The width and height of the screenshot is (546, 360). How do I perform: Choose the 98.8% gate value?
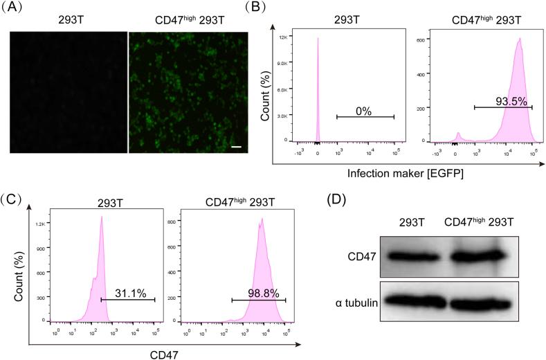[264, 294]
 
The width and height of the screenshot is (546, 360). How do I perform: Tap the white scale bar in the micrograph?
[235, 147]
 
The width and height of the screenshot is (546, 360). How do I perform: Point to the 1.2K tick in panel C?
[40, 224]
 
